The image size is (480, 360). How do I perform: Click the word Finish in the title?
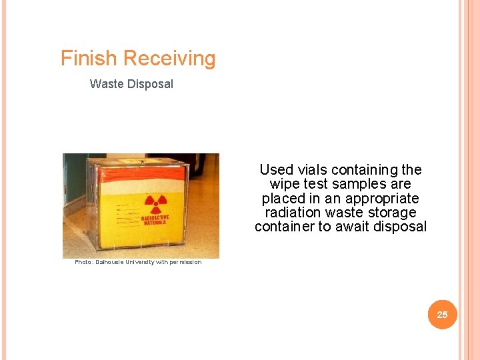(89, 59)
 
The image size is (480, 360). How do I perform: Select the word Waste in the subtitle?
(105, 84)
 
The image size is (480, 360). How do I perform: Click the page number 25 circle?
(442, 314)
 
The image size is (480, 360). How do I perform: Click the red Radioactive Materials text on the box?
(155, 220)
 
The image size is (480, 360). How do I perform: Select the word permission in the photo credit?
(185, 262)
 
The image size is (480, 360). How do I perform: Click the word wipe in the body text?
(283, 184)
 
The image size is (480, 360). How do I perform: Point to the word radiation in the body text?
(293, 213)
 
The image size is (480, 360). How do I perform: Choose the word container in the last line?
(285, 227)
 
